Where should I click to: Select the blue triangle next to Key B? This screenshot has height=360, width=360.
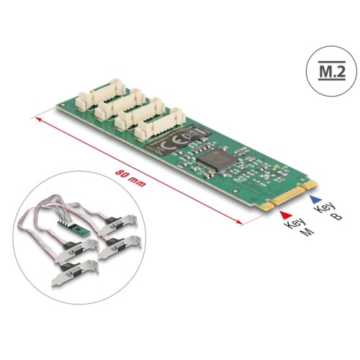tap(312, 197)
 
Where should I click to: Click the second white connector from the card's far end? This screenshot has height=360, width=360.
tap(119, 105)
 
